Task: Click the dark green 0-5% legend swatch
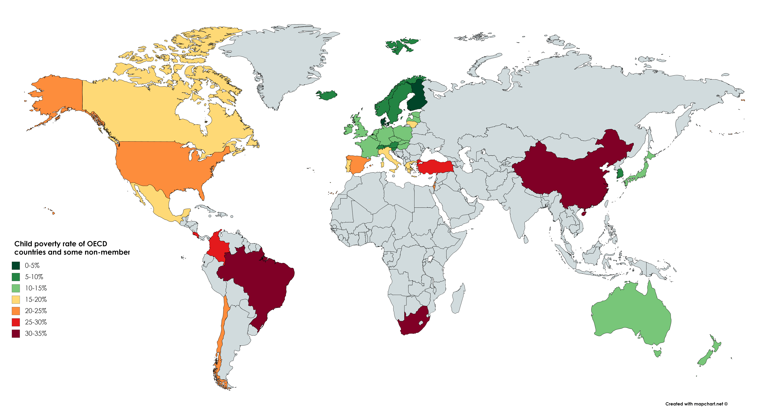16,265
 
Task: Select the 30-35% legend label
36,334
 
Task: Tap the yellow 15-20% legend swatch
16,300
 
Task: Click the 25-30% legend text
36,322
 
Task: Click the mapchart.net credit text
696,404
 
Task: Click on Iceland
327,95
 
